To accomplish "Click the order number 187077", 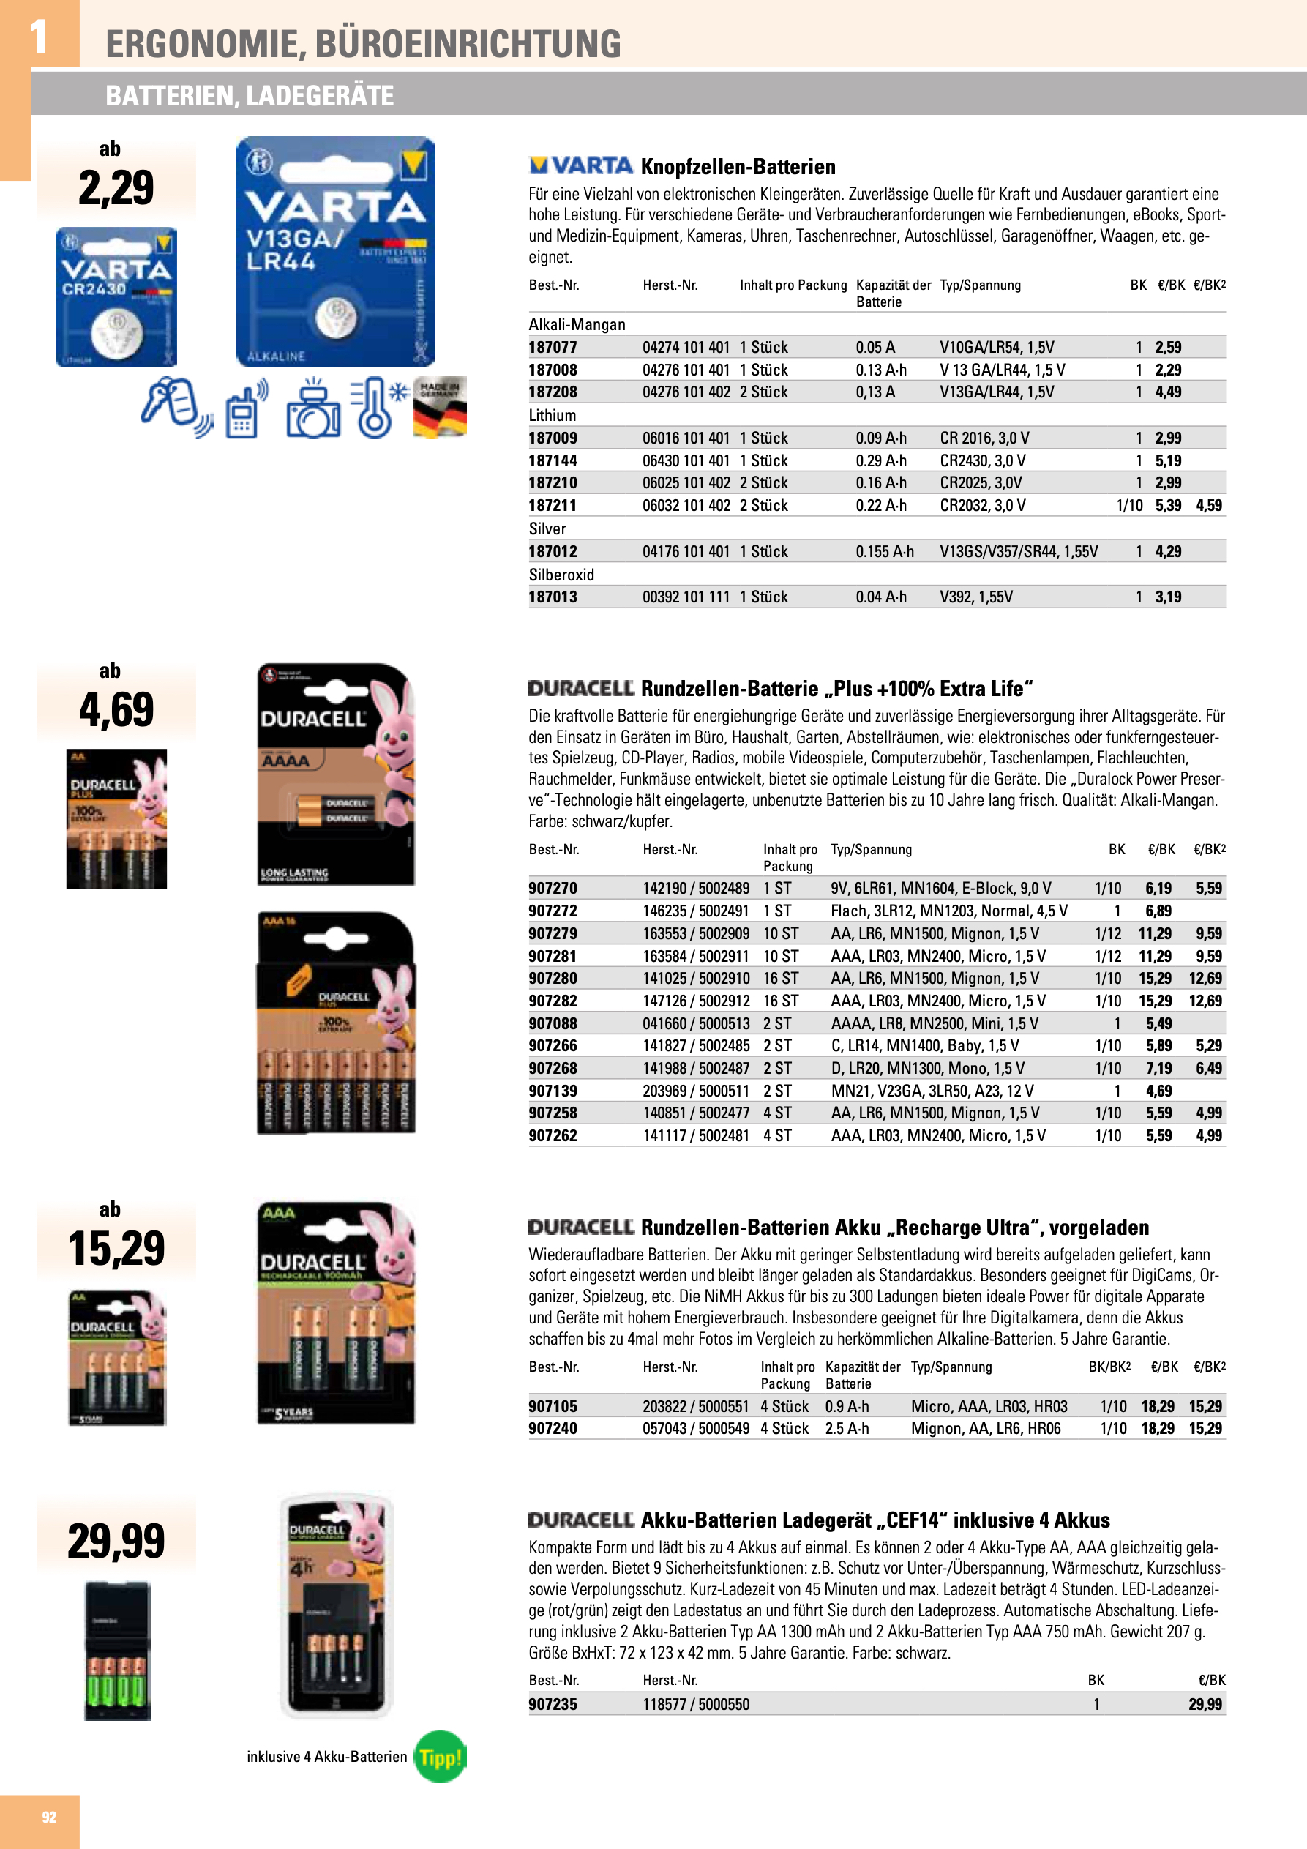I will [553, 347].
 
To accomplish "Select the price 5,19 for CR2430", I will [1168, 460].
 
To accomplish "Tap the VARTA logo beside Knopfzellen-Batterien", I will [580, 166].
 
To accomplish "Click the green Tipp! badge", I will [440, 1756].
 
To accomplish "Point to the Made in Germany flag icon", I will [439, 407].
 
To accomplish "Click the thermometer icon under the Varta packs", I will [375, 407].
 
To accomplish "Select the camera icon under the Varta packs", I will [312, 409].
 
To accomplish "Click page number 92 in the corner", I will [49, 1817].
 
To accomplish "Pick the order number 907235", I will [553, 1704].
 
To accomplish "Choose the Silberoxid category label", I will [561, 574].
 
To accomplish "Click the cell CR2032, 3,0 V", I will [983, 506].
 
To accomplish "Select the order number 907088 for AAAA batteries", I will [553, 1023].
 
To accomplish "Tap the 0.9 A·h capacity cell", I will [847, 1406].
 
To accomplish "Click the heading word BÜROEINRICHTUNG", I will [468, 43].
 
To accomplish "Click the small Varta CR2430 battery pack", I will [117, 296].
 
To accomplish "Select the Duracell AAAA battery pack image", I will [336, 774].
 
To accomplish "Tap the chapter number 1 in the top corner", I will [38, 37].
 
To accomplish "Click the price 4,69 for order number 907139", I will [1158, 1091].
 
